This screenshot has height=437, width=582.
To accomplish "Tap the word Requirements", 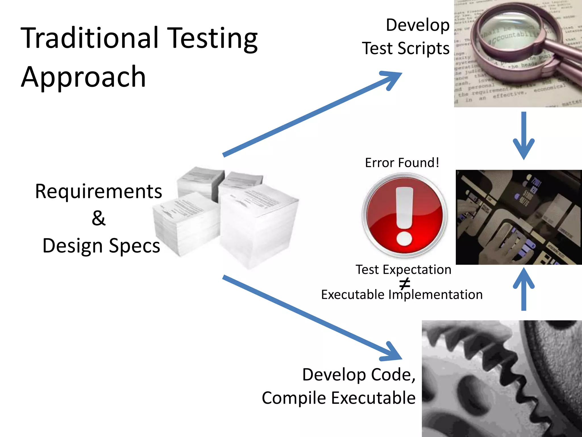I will [x=99, y=191].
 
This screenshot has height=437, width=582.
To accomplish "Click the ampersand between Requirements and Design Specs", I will [x=99, y=218].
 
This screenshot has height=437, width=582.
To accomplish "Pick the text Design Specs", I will [x=101, y=246].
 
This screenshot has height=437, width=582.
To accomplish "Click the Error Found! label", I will [x=402, y=163].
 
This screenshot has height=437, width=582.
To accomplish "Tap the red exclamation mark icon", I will [x=404, y=215].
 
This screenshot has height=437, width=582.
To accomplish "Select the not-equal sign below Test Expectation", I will [x=404, y=283].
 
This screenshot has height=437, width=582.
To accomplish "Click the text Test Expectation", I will [x=403, y=269].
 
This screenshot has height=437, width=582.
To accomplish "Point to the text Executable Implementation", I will [x=402, y=294].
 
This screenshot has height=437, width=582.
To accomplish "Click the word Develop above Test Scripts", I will [x=417, y=25].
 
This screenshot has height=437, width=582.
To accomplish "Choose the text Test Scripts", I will [x=406, y=48].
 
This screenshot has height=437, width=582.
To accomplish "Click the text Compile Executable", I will [x=338, y=398].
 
